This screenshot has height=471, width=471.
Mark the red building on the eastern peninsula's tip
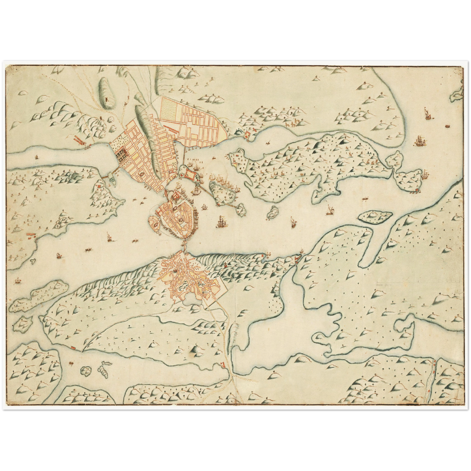[417, 190]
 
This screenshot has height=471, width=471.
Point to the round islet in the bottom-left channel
[86, 371]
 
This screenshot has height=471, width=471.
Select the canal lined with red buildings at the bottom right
[431, 378]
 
